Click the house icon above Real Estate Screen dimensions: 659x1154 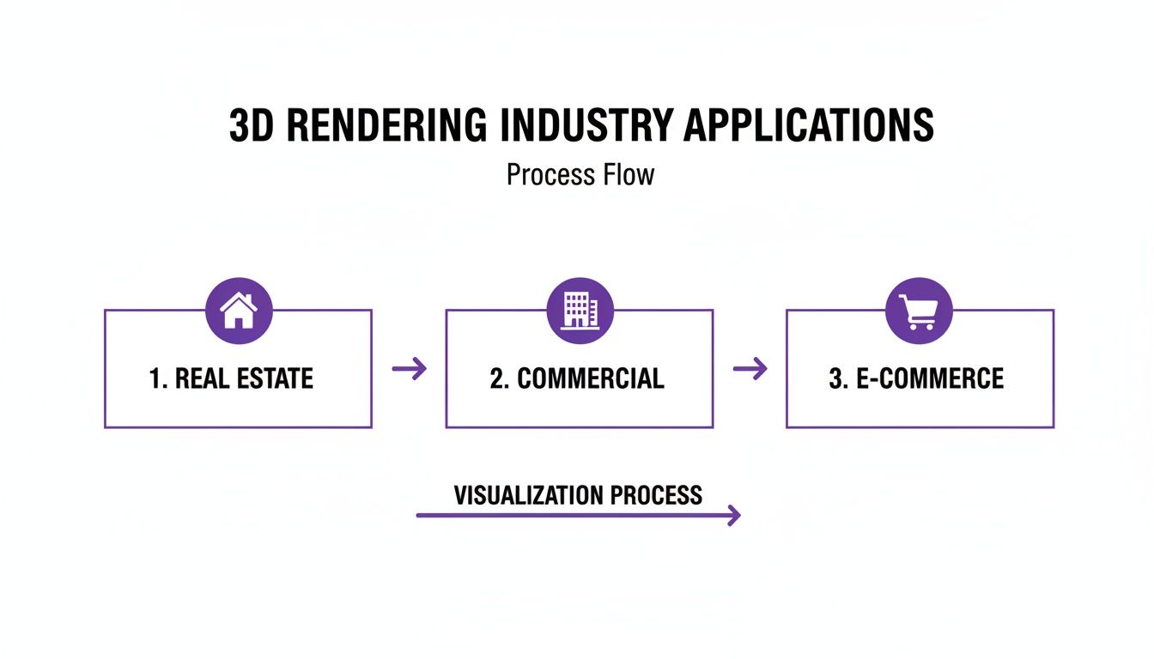point(239,310)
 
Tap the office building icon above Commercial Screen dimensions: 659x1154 point(580,310)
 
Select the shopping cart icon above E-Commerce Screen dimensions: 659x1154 point(919,310)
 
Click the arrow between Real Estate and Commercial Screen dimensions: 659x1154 point(409,369)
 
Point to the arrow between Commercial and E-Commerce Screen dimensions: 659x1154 point(750,369)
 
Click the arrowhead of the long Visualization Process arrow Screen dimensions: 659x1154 point(733,515)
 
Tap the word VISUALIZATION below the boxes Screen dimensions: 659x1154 point(528,495)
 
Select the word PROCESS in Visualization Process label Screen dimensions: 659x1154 point(656,495)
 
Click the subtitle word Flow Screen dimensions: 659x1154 point(629,175)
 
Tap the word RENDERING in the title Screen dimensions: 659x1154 point(386,126)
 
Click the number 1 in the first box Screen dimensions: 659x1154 point(155,378)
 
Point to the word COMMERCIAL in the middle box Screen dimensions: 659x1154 point(591,378)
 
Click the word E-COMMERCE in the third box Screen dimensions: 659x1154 point(931,378)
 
